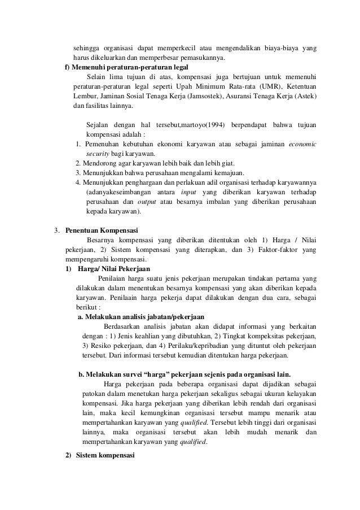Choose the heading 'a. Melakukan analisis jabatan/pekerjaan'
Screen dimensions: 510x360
click(x=141, y=316)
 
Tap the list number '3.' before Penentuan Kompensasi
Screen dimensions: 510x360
click(x=56, y=230)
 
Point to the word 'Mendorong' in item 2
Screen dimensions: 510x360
click(x=99, y=163)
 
